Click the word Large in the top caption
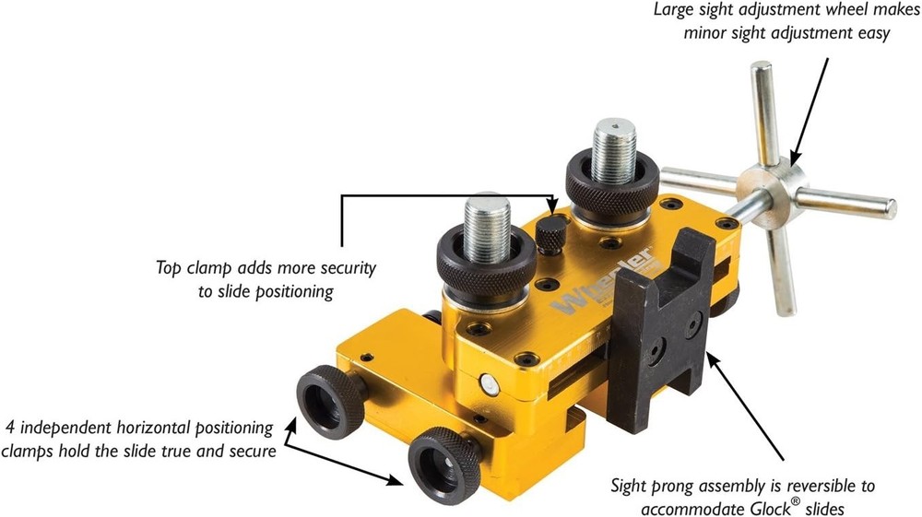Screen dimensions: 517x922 675,11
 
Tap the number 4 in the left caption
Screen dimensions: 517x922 10,428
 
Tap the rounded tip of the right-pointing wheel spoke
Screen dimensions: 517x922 891,209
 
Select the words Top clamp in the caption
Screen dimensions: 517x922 192,267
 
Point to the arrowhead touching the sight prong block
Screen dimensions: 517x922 710,354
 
